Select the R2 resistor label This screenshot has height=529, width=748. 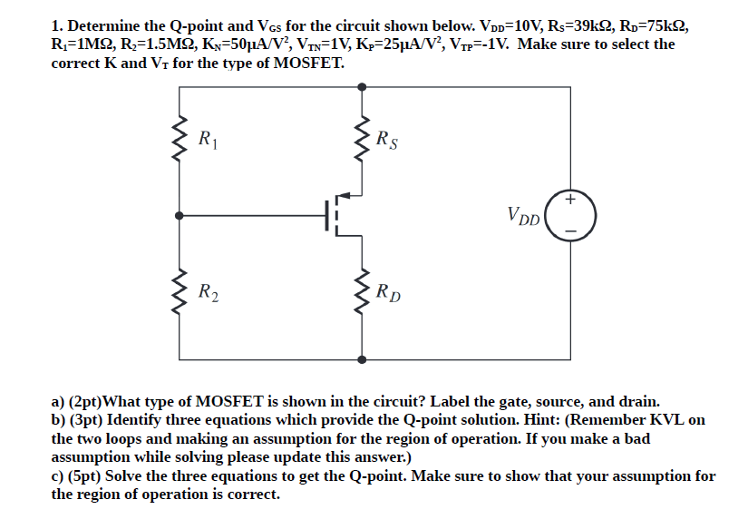(x=207, y=292)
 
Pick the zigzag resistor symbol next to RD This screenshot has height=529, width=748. (x=363, y=291)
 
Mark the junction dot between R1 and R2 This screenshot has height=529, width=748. (x=180, y=216)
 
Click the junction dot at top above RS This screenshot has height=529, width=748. (x=363, y=86)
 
